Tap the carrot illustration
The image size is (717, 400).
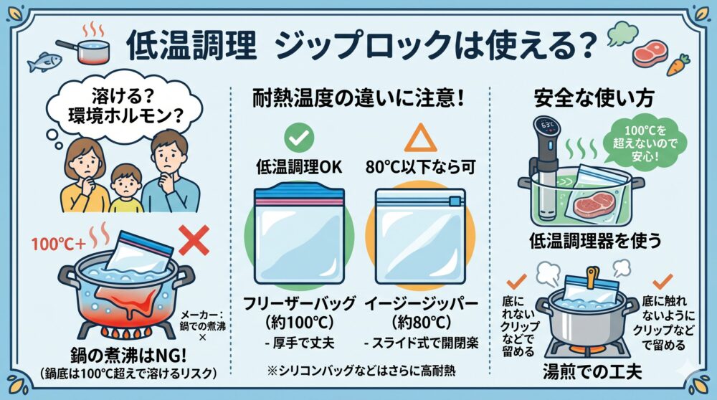point(678,65)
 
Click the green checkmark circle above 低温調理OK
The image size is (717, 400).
point(299,137)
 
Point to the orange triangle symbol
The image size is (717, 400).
point(420,138)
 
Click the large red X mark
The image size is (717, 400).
point(194,240)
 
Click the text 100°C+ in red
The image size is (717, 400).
point(59,244)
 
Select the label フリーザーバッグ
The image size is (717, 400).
point(299,303)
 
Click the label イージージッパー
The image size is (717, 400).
point(421,303)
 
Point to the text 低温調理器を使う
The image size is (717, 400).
point(595,240)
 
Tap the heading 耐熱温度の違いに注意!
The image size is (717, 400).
point(359,98)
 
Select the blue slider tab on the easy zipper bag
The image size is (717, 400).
point(455,201)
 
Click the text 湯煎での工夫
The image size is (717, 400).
point(593,371)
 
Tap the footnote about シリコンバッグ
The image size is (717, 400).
point(361,371)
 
